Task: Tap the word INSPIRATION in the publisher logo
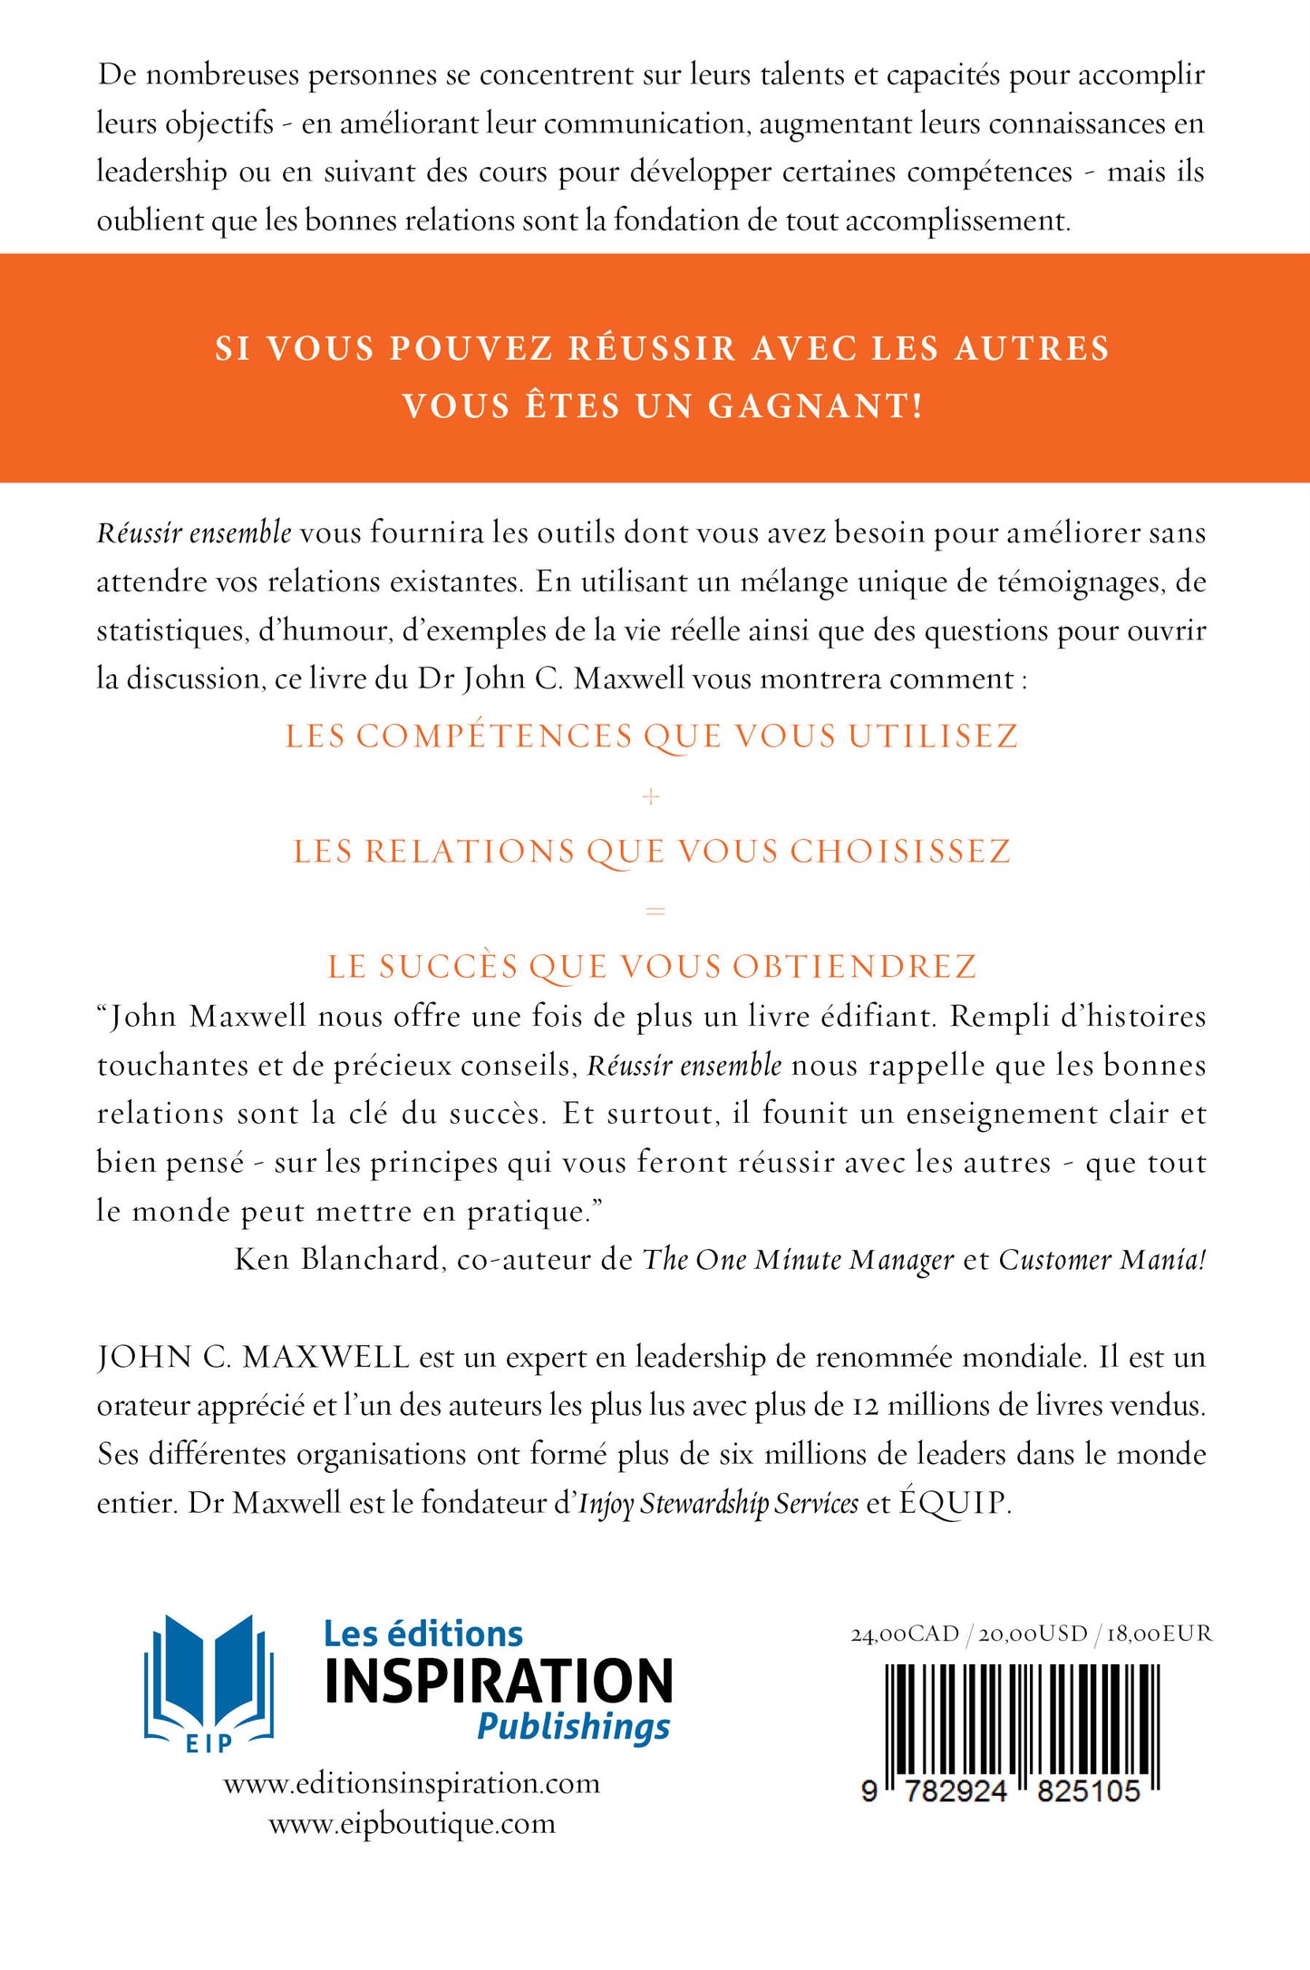(499, 1681)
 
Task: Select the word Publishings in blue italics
(573, 1726)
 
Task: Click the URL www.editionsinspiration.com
(412, 1783)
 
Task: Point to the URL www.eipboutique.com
(412, 1823)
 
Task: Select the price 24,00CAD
(904, 1634)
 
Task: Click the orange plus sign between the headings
(651, 797)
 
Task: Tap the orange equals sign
(655, 910)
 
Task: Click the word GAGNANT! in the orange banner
(815, 406)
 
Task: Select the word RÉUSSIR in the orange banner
(651, 349)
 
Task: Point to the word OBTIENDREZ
(854, 967)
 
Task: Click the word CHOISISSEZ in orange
(900, 852)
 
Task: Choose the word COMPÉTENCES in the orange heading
(494, 736)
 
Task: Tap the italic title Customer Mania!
(1102, 1260)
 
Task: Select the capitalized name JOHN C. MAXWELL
(254, 1357)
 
